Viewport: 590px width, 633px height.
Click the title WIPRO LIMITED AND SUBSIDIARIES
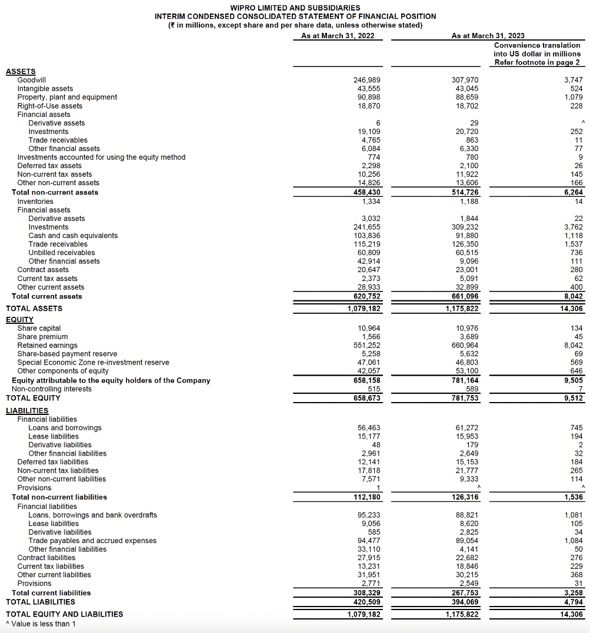pos(295,8)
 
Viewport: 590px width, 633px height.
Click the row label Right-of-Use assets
pos(50,106)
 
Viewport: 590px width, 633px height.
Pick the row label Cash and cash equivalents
pos(73,236)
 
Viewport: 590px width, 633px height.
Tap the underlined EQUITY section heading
pos(19,320)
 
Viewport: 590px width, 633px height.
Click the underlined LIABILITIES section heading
pos(27,410)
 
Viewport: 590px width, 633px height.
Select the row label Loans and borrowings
pos(65,428)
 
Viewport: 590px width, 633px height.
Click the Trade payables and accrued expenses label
pos(92,541)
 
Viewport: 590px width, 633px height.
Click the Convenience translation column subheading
pos(536,53)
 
